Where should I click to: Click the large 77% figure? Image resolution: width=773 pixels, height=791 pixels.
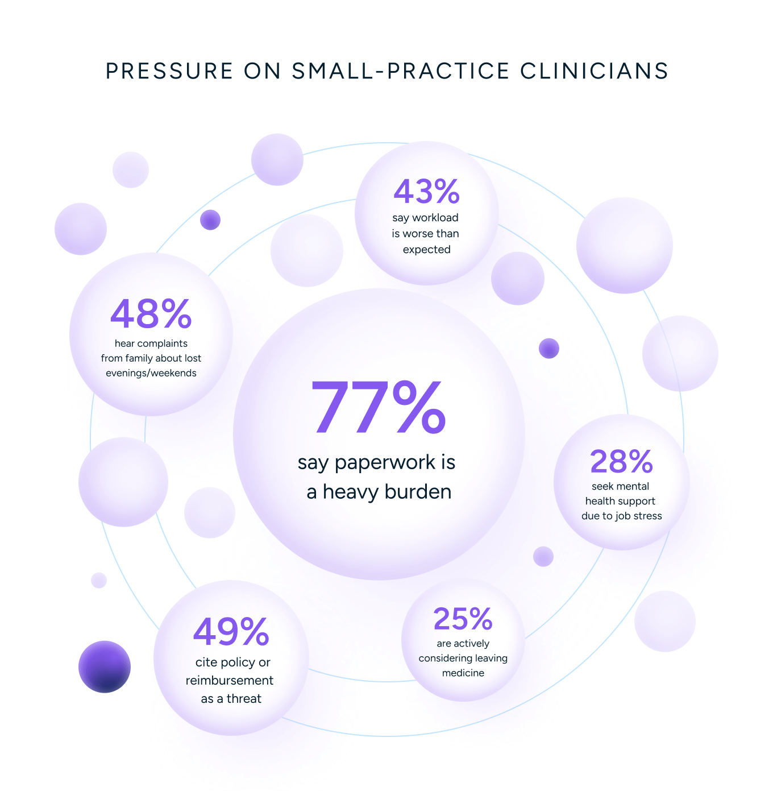click(x=379, y=407)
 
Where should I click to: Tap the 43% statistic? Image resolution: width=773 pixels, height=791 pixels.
click(x=426, y=192)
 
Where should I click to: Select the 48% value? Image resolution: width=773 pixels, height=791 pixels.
click(x=151, y=314)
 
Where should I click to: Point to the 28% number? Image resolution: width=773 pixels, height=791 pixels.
click(x=621, y=461)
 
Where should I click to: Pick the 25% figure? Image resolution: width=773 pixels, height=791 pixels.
click(x=463, y=619)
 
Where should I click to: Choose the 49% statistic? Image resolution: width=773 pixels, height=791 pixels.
click(x=231, y=632)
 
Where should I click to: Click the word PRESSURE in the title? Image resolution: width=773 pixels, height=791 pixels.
click(x=169, y=71)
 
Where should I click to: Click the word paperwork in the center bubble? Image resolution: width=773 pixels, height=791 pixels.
click(x=385, y=463)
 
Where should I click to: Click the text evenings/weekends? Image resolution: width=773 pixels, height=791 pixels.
click(x=151, y=373)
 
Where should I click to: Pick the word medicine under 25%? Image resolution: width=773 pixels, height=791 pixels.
click(x=463, y=673)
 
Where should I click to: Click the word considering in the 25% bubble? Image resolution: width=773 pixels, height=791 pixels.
click(x=446, y=659)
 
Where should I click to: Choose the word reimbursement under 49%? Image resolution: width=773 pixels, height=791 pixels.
click(x=230, y=681)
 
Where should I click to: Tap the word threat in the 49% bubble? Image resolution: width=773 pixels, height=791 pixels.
click(x=244, y=699)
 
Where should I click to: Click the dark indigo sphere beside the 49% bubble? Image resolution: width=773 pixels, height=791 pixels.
click(x=105, y=666)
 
